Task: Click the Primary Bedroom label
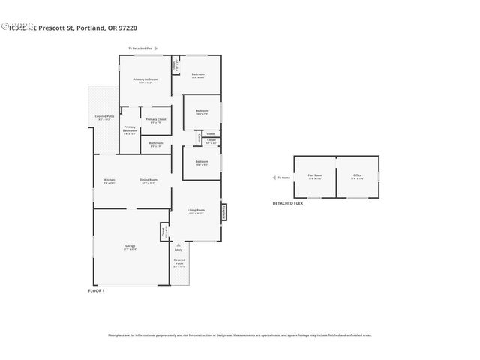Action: pos(145,79)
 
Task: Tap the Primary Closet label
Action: pos(156,120)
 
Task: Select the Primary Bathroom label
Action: pos(130,130)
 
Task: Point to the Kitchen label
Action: pos(109,180)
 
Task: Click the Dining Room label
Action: pos(148,180)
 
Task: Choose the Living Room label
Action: pos(196,211)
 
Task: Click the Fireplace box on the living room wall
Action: pos(223,212)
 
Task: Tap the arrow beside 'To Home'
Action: pos(274,178)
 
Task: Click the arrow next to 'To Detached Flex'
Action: pos(157,49)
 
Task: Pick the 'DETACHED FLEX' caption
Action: pos(287,204)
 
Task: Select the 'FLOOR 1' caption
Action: pos(96,290)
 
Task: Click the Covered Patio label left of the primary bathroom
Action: pos(104,118)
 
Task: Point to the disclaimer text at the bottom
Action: pos(239,335)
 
